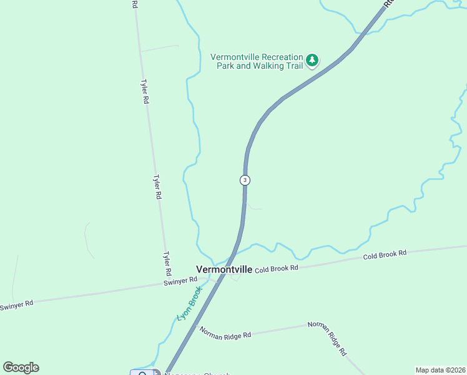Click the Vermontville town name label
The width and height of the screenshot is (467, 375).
[x=224, y=269]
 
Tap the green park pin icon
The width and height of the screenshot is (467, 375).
[x=312, y=61]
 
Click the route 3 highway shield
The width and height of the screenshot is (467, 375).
[x=245, y=180]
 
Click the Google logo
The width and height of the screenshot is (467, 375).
[x=21, y=367]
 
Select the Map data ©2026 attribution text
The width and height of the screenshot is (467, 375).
[x=440, y=369]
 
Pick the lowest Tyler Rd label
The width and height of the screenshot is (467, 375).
[x=167, y=264]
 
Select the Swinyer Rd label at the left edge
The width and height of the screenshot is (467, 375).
[x=16, y=305]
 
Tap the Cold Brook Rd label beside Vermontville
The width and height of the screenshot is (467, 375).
[x=277, y=267]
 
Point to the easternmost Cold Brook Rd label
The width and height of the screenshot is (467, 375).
[x=385, y=254]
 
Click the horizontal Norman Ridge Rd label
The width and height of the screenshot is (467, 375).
[x=225, y=332]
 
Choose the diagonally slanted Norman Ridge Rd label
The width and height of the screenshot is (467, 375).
[x=335, y=339]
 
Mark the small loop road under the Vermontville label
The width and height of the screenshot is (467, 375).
[x=235, y=278]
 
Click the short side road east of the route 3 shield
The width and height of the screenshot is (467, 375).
[x=254, y=206]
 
